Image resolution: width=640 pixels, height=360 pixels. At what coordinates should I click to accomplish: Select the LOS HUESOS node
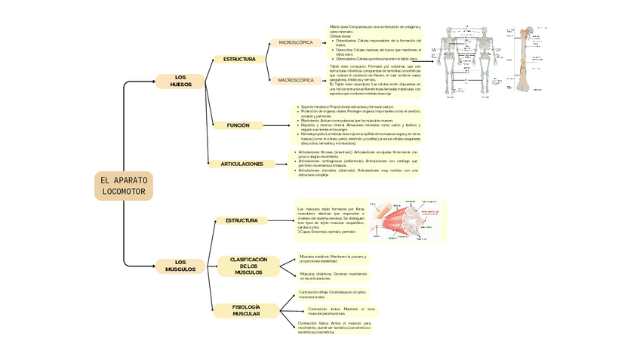180,81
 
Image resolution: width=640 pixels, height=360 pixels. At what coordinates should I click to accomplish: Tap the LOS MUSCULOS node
180,265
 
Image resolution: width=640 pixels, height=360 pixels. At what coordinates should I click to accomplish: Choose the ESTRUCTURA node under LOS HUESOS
238,59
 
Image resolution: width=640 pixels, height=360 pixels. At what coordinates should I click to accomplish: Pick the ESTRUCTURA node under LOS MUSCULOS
242,220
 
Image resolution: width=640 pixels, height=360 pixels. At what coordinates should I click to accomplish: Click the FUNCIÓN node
238,125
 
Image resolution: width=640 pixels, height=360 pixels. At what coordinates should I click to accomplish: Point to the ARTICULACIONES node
242,164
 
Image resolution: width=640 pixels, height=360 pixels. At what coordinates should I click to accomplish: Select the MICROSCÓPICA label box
295,43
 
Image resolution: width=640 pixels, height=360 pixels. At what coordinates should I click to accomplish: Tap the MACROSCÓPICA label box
296,80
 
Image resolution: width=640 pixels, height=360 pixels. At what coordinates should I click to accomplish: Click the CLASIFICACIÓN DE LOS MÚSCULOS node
248,266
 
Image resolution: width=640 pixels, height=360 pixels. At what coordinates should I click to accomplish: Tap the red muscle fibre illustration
398,220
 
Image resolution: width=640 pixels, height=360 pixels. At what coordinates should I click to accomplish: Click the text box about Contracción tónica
340,310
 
